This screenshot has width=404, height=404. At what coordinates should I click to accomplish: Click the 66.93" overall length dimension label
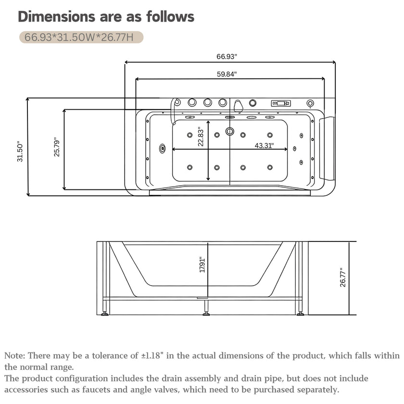click(227, 56)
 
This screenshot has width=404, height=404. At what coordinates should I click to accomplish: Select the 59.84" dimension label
click(227, 74)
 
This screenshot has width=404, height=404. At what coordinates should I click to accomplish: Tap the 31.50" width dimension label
click(20, 151)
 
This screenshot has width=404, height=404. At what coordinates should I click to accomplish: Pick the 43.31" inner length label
click(265, 146)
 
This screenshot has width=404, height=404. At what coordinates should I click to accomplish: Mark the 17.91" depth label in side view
click(202, 265)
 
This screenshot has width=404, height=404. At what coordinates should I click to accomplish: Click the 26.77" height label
click(342, 277)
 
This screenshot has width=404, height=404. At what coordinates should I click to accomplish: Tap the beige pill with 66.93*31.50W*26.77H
click(81, 38)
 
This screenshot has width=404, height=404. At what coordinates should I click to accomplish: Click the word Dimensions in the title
click(56, 17)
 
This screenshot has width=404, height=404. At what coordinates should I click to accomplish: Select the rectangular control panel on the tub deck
click(281, 103)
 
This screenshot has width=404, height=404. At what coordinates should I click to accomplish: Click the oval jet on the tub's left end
click(162, 149)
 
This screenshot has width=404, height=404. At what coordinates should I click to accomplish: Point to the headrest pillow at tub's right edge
click(327, 148)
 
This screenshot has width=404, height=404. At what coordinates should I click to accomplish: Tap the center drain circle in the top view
click(229, 131)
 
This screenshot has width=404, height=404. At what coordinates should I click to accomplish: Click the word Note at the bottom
click(13, 355)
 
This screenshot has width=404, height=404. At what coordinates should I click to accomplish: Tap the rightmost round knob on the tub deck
click(311, 103)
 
